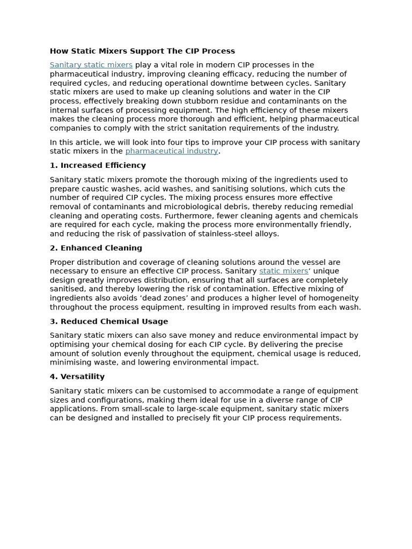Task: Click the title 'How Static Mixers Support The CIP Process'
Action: (142, 51)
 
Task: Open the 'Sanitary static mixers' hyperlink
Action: (91, 65)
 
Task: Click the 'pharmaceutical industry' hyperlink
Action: (172, 151)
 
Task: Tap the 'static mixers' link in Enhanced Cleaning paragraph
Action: (283, 271)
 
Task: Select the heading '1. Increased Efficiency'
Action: (98, 165)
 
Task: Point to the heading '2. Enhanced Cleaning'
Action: (96, 248)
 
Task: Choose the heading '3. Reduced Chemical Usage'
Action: (109, 321)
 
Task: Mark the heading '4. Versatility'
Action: (77, 376)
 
